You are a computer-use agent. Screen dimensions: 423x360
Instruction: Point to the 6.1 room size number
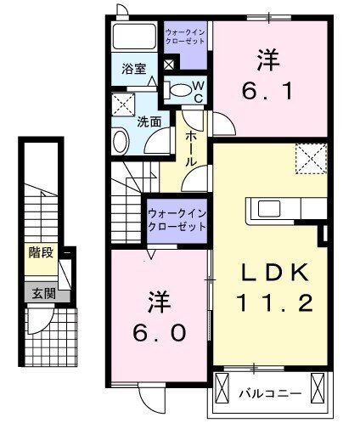[269, 87]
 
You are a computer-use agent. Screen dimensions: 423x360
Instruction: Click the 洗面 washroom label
[149, 121]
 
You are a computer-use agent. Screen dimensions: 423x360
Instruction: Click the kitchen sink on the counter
[273, 208]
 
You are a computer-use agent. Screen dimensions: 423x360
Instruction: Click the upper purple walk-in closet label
[184, 37]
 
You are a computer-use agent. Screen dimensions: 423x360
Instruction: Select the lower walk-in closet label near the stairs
[177, 220]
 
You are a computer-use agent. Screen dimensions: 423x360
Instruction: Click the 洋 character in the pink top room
[268, 59]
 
